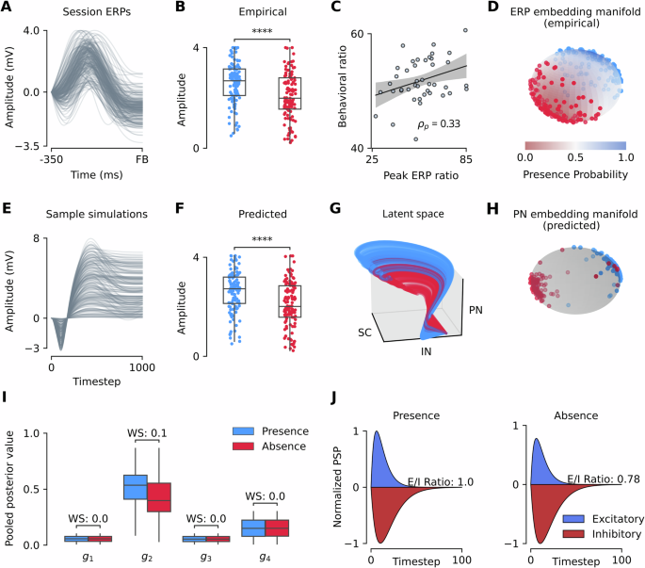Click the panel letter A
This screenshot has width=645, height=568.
(x=7, y=8)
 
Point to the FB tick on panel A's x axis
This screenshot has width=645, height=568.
(x=142, y=162)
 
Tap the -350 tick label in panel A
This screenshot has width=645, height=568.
(x=51, y=162)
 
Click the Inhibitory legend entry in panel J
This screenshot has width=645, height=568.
(x=603, y=532)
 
